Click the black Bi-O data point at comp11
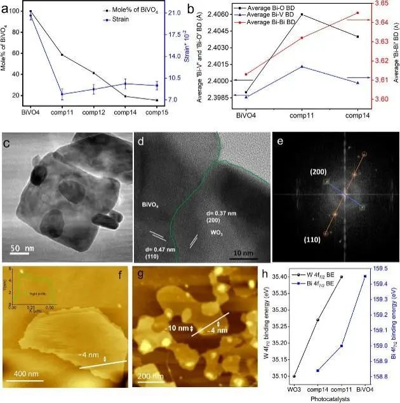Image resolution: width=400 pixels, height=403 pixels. tap(301, 14)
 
